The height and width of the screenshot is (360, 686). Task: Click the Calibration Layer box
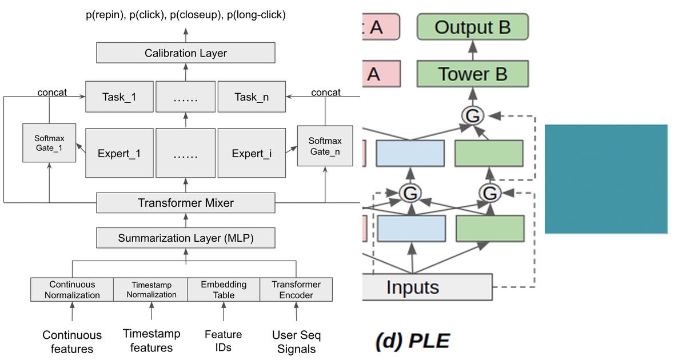tap(186, 53)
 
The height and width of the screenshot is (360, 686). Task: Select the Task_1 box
tap(119, 97)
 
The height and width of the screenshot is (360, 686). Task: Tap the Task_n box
tap(252, 97)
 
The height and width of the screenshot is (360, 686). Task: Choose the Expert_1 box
tap(119, 153)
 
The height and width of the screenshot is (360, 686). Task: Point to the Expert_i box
tap(252, 153)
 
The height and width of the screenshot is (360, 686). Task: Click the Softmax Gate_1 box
tap(49, 142)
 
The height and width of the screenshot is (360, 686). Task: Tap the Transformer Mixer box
tap(186, 203)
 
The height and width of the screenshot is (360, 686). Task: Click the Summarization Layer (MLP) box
tap(186, 238)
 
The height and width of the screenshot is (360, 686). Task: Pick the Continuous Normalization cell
tap(72, 290)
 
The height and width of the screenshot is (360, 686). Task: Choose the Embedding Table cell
tap(224, 290)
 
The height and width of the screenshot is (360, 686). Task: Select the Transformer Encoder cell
tap(296, 290)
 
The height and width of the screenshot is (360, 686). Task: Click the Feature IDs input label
tap(223, 340)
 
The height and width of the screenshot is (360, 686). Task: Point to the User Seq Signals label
tap(296, 342)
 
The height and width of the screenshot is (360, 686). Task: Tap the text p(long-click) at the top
tap(256, 15)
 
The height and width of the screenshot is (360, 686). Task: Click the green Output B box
tap(472, 27)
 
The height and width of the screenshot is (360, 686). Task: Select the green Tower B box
tap(472, 74)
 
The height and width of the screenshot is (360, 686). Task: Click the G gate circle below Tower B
tap(473, 116)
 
